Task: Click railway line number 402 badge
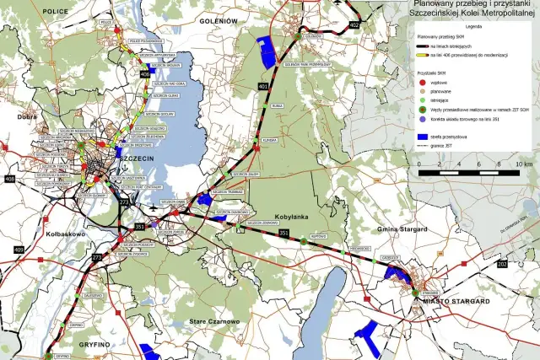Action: [354, 26]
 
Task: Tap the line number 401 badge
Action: [263, 87]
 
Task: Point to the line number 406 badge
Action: [144, 74]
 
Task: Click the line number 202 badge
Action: [503, 265]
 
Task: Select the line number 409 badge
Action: [19, 250]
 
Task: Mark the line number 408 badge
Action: [9, 179]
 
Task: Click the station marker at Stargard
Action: [416, 291]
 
